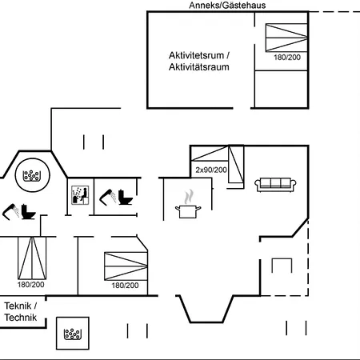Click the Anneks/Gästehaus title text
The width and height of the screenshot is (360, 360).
click(x=227, y=6)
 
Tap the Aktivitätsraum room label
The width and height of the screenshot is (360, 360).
click(x=199, y=66)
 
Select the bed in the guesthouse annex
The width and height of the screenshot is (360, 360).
click(x=286, y=38)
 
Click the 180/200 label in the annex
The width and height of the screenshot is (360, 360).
click(x=287, y=58)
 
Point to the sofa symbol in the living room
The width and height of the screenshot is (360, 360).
click(x=275, y=185)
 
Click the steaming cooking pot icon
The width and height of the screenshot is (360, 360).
click(x=188, y=204)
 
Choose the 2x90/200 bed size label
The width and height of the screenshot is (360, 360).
click(x=211, y=170)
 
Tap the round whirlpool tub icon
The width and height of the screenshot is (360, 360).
click(x=32, y=175)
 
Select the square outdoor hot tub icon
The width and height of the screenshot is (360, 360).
click(x=73, y=333)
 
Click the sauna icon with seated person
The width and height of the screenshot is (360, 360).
click(x=80, y=195)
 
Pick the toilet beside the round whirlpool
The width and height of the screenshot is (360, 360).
click(x=28, y=212)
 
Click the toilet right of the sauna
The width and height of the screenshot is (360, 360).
click(x=126, y=197)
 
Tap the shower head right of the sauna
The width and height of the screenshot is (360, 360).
click(x=108, y=198)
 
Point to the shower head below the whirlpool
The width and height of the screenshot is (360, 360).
click(x=10, y=212)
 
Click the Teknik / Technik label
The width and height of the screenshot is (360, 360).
click(x=21, y=311)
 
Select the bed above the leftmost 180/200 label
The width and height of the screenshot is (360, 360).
click(x=32, y=258)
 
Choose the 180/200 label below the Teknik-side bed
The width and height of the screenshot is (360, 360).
click(x=31, y=285)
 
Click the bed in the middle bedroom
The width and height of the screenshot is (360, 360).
click(x=126, y=266)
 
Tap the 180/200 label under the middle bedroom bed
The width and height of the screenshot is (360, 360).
click(x=125, y=286)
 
